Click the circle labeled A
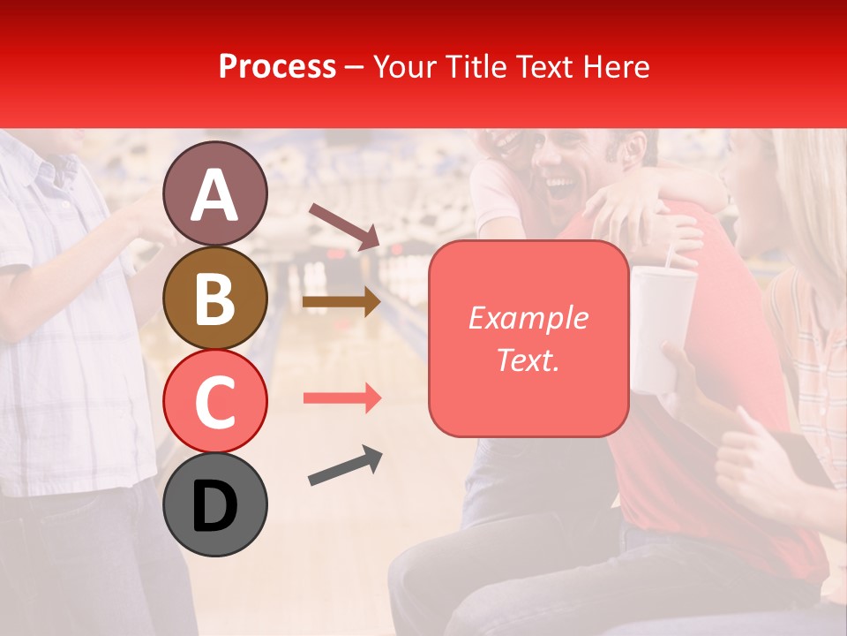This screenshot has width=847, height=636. point(215,194)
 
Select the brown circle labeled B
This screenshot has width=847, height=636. point(215,299)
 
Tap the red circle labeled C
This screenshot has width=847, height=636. point(215,402)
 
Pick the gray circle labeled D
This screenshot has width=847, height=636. point(215,504)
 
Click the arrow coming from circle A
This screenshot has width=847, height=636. point(343,226)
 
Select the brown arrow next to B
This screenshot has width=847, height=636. point(341,302)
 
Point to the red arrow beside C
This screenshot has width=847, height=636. point(341,398)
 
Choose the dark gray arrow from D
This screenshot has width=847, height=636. point(345,466)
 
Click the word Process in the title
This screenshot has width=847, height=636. point(277,67)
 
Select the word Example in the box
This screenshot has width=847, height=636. point(528,318)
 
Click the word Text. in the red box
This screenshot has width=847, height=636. point(528,360)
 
